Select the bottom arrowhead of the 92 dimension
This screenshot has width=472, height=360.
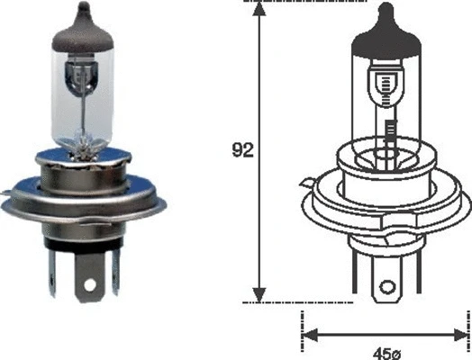(259, 295)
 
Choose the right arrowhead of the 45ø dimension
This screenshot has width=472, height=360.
(464, 335)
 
